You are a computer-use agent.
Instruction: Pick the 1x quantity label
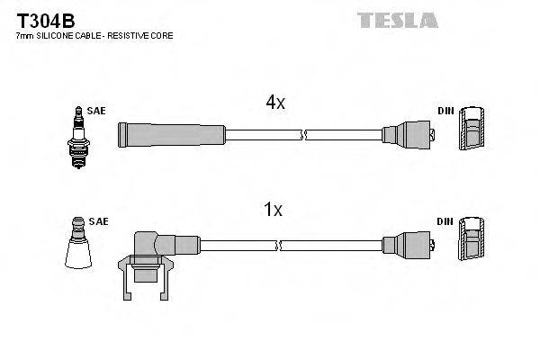pos(273,211)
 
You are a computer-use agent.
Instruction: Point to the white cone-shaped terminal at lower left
pos(79,245)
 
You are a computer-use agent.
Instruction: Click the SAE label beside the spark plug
pos(97,111)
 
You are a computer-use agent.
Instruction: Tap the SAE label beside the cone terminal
pos(99,220)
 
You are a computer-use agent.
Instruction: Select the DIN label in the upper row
pos(445,111)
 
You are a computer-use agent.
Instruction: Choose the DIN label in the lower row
pos(445,220)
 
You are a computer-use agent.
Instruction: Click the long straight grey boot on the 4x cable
pos(171,135)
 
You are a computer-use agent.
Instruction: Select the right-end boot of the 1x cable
pos(409,244)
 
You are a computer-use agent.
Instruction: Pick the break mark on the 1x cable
pos(281,244)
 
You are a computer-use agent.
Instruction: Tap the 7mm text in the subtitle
pos(25,36)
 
